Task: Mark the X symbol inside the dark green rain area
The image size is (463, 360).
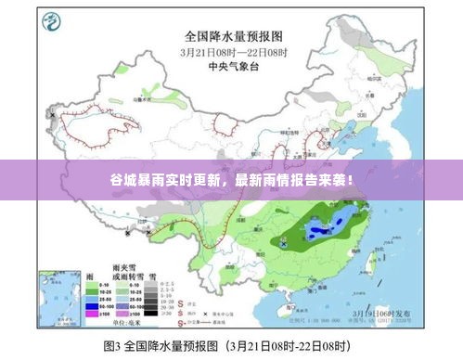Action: (284, 243)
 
